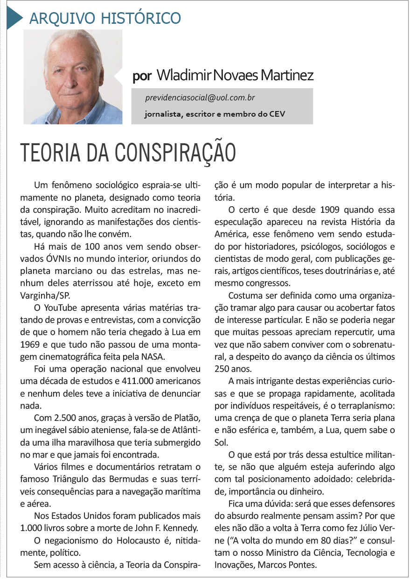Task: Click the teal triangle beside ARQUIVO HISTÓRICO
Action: tap(14, 18)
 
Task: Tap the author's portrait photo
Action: tap(73, 77)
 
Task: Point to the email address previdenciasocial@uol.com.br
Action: tap(200, 98)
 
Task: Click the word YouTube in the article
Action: tap(66, 308)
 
